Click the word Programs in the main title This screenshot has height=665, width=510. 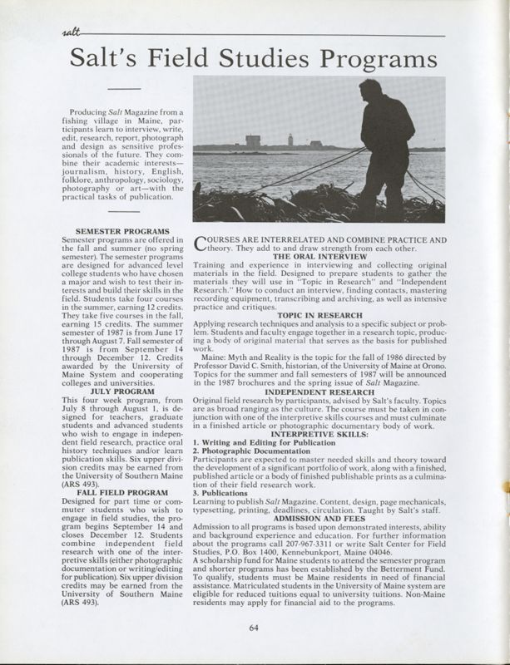coord(363,59)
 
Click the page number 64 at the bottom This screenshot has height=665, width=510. coord(254,627)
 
